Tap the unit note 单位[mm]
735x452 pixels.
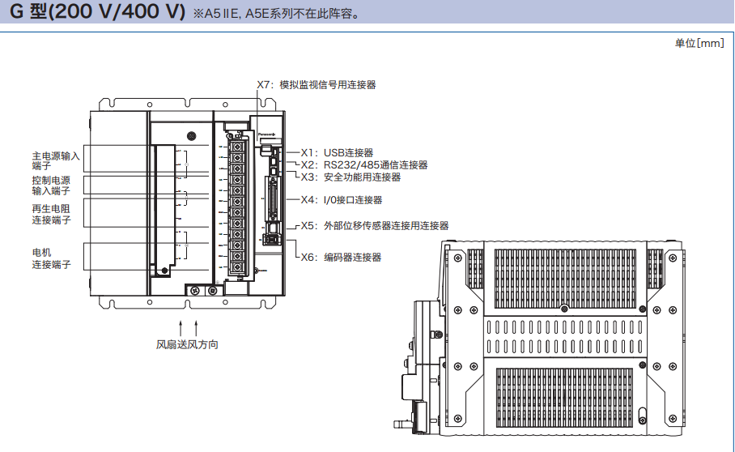click(699, 43)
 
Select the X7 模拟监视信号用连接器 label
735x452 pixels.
click(316, 84)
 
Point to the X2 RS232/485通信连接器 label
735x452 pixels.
click(363, 164)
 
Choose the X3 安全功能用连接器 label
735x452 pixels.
click(351, 177)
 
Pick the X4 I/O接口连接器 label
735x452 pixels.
click(342, 199)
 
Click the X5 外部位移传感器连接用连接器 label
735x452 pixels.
click(374, 226)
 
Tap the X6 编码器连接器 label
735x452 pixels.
click(341, 257)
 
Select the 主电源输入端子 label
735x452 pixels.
click(55, 160)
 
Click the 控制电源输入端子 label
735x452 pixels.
click(51, 185)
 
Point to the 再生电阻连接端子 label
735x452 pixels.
click(51, 214)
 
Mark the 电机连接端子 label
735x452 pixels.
click(51, 258)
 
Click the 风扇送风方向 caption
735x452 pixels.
click(187, 344)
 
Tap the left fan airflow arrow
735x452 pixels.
click(181, 327)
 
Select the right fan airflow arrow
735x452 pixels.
click(195, 327)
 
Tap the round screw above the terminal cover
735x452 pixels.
click(190, 136)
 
